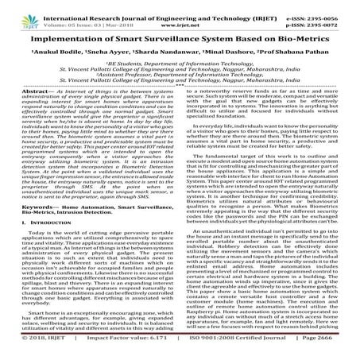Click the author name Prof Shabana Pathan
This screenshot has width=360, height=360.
click(297, 52)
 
